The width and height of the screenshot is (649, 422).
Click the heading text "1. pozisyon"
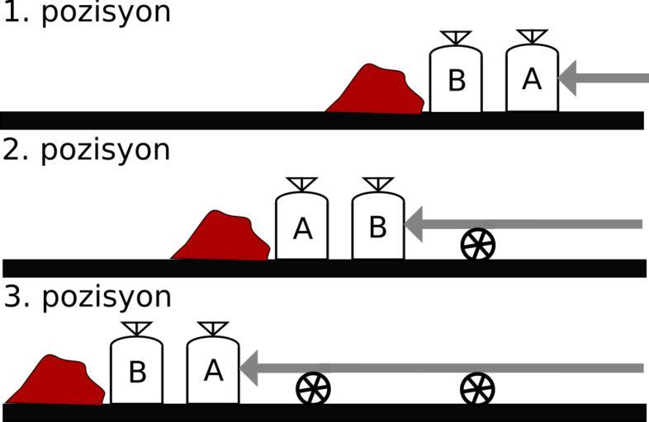[x=86, y=13]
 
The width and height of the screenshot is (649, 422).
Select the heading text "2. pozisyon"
[x=86, y=151]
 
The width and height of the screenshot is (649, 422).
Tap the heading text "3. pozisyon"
[x=87, y=298]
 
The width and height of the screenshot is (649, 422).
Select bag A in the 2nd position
[x=302, y=228]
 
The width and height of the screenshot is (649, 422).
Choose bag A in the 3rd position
[x=213, y=372]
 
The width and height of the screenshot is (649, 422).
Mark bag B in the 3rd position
[x=137, y=373]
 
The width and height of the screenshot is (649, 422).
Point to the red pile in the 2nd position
[x=221, y=240]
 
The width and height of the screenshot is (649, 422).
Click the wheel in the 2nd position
[x=477, y=245]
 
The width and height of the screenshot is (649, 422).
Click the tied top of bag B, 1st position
[x=456, y=38]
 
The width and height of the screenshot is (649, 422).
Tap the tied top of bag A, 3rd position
[x=213, y=329]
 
